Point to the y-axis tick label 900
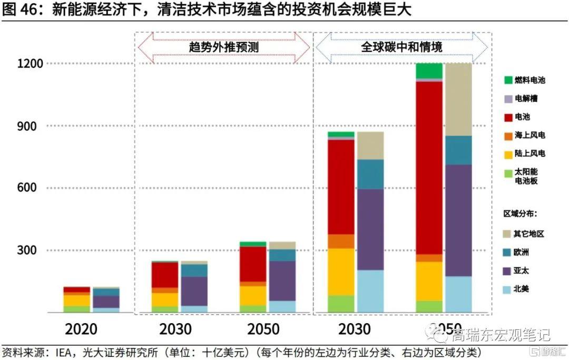tap(32, 126)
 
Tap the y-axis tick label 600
tap(32, 188)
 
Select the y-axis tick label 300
tap(32, 250)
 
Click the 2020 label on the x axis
tap(81, 329)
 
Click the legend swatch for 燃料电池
tap(508, 80)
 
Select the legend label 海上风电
tap(529, 135)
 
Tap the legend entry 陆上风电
tap(529, 154)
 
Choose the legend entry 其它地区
tap(528, 233)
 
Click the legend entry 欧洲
tap(522, 252)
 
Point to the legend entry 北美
tap(522, 290)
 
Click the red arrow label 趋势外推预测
tap(224, 47)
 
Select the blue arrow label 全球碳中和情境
tap(401, 47)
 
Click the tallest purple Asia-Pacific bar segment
tap(458, 220)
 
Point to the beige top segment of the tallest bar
tap(458, 99)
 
